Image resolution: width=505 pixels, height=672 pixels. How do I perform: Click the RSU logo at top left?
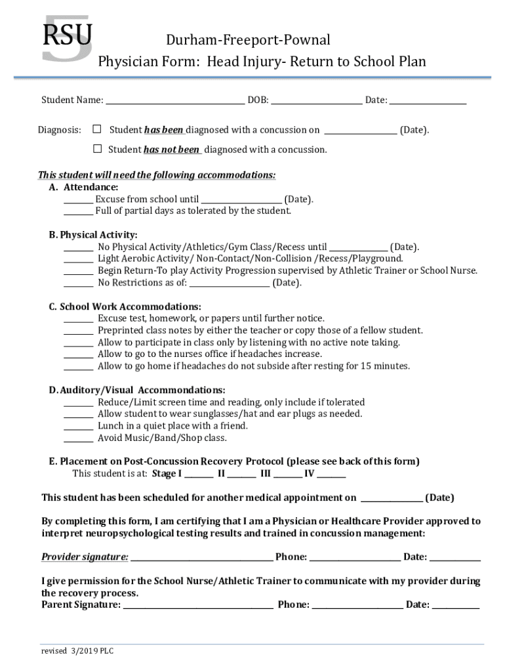67,39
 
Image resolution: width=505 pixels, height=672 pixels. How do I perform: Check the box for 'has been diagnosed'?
97,129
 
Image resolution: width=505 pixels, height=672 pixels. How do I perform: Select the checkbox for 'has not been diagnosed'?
97,149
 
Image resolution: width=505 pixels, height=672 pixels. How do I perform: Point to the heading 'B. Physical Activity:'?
93,235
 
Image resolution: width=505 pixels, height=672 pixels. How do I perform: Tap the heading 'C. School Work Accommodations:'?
125,306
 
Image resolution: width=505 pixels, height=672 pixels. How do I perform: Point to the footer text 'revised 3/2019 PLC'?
78,651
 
